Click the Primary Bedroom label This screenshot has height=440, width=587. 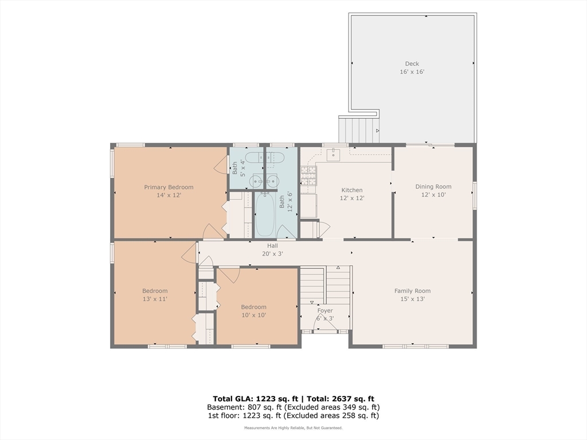169,187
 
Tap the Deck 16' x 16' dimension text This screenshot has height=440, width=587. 412,72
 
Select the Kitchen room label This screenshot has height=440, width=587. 352,190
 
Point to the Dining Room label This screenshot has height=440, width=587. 433,187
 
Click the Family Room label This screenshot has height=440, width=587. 412,290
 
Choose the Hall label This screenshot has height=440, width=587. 272,246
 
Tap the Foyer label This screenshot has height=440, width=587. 325,311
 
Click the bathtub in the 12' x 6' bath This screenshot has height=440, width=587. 265,214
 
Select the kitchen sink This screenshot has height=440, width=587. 333,154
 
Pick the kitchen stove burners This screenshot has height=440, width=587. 308,176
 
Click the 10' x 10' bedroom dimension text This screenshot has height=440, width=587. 254,315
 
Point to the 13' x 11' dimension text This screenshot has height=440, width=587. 155,299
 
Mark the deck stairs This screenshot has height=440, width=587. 359,129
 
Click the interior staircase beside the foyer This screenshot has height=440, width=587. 326,285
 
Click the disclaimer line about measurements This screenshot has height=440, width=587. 293,427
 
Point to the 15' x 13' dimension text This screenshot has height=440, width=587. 412,299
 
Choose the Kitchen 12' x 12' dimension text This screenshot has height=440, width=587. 352,198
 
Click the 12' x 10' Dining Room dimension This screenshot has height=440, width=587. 433,195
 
